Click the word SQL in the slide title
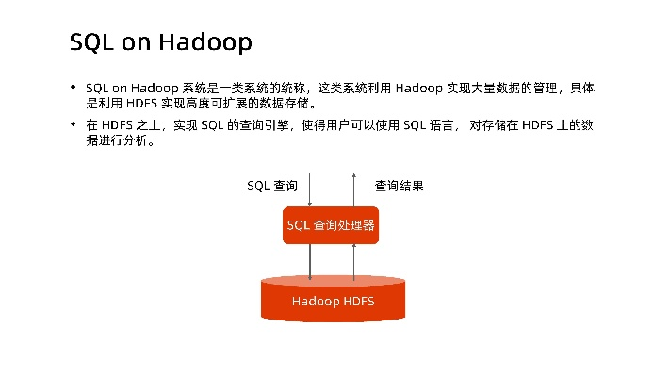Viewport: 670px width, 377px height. (x=90, y=42)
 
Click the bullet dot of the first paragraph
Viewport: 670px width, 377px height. (x=74, y=88)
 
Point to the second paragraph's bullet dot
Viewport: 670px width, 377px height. (x=74, y=123)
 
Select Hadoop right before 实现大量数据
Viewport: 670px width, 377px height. (x=418, y=88)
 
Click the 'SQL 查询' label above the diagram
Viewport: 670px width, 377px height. (x=272, y=186)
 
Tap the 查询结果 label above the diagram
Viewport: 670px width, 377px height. (x=399, y=186)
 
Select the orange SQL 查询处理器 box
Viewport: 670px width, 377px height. (x=331, y=225)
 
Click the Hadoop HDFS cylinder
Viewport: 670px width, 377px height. (x=333, y=301)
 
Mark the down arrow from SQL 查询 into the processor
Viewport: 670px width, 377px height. (x=310, y=189)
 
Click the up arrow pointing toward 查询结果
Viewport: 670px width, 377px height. (x=353, y=189)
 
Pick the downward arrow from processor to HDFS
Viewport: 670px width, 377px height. (x=310, y=260)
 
